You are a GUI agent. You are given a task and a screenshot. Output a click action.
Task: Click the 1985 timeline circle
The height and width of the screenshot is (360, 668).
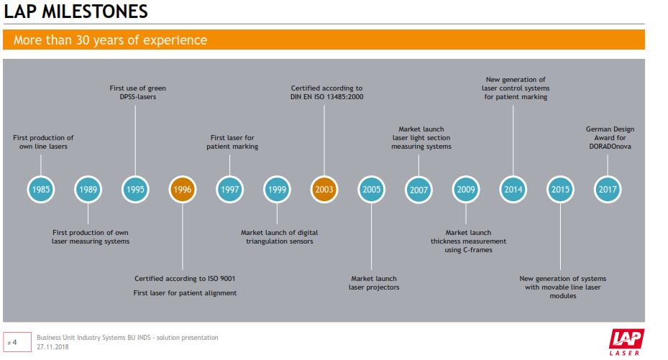(41, 190)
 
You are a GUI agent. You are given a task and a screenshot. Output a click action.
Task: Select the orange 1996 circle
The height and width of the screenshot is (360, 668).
(183, 190)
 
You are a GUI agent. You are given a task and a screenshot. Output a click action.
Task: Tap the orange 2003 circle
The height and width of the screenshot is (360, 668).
(324, 190)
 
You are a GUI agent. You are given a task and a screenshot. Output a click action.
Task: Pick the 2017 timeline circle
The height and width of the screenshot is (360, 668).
(608, 190)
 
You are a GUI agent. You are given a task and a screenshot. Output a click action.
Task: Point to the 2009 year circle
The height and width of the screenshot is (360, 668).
(465, 190)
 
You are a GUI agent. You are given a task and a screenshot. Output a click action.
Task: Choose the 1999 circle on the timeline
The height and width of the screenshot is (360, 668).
(277, 190)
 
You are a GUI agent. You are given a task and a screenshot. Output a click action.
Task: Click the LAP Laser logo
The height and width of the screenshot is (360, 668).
(626, 341)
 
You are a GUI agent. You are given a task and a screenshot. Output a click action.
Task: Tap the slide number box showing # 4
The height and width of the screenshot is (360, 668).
(17, 342)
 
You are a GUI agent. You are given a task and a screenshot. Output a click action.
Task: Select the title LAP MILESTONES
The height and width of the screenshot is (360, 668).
(76, 12)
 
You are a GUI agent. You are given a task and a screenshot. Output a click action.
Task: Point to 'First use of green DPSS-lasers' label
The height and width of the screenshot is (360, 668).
(137, 93)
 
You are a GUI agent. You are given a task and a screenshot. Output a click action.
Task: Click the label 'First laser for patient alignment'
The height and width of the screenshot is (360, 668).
(185, 293)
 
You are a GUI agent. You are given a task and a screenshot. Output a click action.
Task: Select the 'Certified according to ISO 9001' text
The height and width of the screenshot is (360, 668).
(185, 279)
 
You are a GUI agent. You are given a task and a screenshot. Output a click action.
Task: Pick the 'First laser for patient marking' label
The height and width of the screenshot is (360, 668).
(232, 142)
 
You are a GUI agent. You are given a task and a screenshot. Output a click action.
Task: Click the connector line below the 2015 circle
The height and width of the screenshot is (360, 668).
(560, 237)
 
